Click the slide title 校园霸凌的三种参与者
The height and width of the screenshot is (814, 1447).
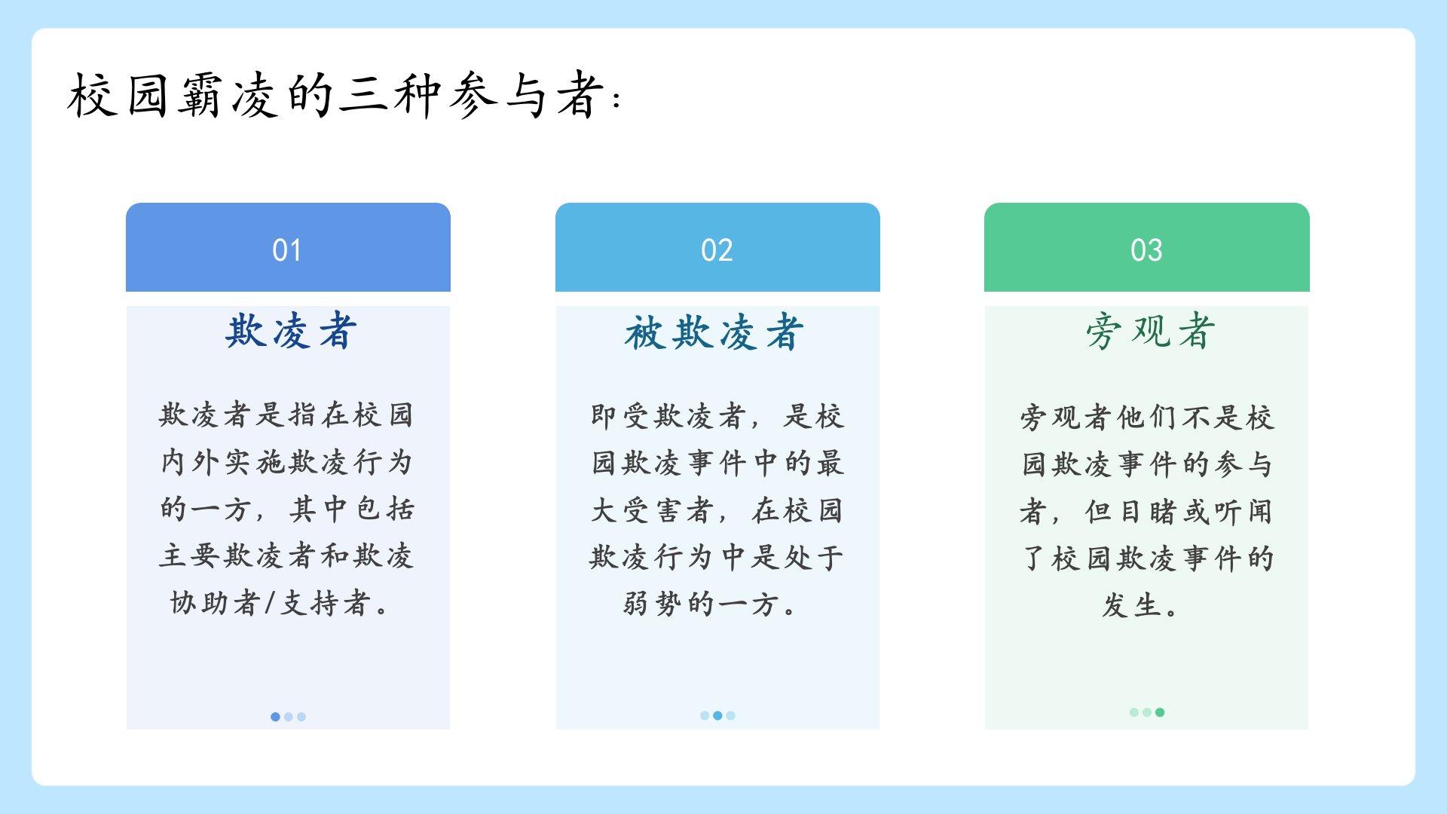point(337,95)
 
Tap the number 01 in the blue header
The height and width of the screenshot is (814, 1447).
point(287,250)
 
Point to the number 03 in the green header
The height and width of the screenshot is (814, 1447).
point(1146,250)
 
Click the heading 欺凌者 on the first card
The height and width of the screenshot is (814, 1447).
point(290,331)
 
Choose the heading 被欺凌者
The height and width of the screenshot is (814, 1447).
point(714,332)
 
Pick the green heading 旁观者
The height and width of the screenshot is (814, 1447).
point(1150,331)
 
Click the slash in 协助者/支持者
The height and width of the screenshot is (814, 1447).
point(271,603)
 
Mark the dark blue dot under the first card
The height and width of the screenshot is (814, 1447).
point(275,717)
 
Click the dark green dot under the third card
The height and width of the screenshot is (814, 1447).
point(1160,712)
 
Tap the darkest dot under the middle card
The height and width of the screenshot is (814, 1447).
point(717,715)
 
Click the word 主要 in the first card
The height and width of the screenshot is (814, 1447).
point(188,556)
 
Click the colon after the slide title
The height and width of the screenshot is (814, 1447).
point(617,99)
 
